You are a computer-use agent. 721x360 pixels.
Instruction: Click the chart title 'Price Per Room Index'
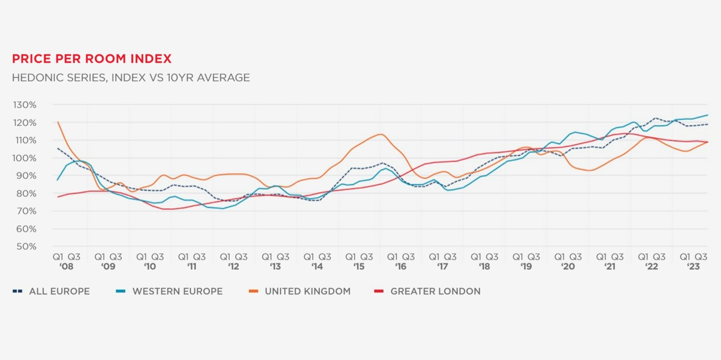(x=92, y=59)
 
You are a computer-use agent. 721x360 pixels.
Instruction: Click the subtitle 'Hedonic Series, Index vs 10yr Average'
(x=131, y=78)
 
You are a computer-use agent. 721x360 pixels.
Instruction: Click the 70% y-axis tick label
(x=25, y=211)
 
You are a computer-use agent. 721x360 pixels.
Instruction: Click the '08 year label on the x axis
(x=66, y=267)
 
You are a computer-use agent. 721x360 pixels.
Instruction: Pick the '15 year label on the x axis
(x=359, y=267)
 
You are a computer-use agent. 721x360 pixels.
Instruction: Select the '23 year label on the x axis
(x=693, y=267)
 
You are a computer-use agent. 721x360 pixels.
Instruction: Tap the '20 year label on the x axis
(x=568, y=267)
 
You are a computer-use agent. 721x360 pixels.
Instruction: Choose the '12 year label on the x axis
(x=233, y=267)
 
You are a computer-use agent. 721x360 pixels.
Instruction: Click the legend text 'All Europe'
(x=59, y=292)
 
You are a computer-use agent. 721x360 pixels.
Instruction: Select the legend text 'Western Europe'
(x=177, y=292)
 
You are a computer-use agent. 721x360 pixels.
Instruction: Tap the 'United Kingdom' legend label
(x=307, y=292)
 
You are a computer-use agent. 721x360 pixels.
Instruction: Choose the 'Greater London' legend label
(x=435, y=292)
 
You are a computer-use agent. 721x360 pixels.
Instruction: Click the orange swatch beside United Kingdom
(x=253, y=292)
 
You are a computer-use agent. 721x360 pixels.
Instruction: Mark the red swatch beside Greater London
(x=379, y=292)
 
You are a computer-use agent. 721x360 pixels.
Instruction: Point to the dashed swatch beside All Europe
(x=18, y=292)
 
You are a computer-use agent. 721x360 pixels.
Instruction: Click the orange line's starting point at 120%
(x=58, y=122)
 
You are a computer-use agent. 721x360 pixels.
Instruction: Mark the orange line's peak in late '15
(x=380, y=134)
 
